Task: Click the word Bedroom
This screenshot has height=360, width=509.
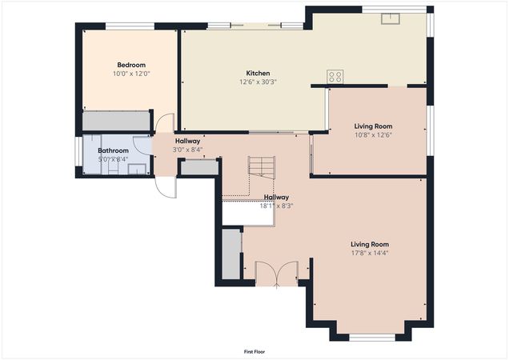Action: (x=131, y=65)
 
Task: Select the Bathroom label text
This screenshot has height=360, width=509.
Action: (x=113, y=150)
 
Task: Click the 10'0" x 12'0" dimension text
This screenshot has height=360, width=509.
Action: (x=131, y=74)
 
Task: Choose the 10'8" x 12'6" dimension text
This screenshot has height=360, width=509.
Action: (x=373, y=134)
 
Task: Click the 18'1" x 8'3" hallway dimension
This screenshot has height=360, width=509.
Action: (x=276, y=206)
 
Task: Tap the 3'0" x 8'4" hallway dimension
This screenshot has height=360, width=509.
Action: (x=187, y=150)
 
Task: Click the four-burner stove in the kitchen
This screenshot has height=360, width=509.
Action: (x=335, y=77)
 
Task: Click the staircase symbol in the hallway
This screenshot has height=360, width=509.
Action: (x=261, y=167)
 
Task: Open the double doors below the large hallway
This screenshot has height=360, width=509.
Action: (x=276, y=274)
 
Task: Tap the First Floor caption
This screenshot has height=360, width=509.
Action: (x=254, y=352)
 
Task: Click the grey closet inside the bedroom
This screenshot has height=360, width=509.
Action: (x=118, y=121)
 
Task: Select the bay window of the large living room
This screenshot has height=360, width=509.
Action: (x=373, y=336)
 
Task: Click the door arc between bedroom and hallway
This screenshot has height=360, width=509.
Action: (x=164, y=123)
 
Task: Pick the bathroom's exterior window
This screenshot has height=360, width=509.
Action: (x=78, y=152)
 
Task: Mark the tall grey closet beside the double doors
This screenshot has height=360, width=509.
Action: (x=231, y=254)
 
